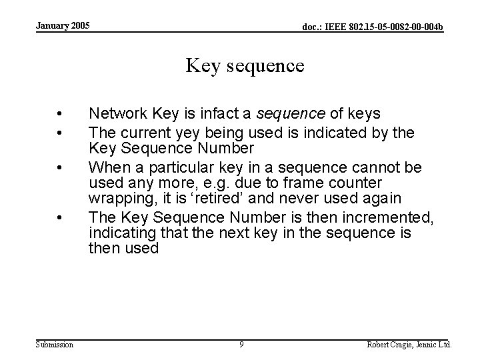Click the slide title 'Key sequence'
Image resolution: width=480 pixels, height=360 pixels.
tap(245, 66)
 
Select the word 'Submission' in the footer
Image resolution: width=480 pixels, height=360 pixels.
tap(54, 345)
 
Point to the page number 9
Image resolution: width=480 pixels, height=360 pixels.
tap(241, 345)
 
